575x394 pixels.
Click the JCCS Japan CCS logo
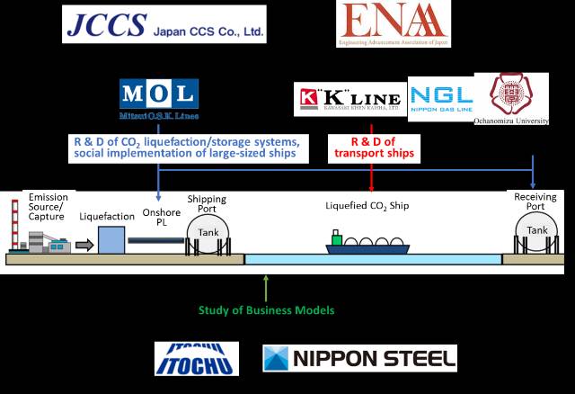tap(164, 23)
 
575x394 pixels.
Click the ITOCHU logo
tap(196, 358)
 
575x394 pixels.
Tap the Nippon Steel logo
tap(359, 358)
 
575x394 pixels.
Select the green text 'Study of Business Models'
tap(266, 310)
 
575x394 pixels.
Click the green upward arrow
tap(266, 287)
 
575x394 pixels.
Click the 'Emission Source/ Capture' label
tap(48, 206)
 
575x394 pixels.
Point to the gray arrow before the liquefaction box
tap(84, 245)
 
